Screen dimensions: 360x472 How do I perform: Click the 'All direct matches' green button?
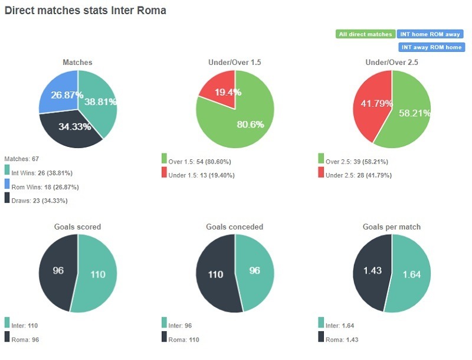[x=365, y=34]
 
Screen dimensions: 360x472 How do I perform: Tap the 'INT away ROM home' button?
[x=431, y=47]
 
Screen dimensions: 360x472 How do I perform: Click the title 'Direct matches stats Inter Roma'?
[x=86, y=11]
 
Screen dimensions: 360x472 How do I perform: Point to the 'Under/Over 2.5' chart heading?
[x=392, y=62]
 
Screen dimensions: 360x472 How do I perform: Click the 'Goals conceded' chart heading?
[x=235, y=227]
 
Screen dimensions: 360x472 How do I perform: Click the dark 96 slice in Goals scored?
[x=57, y=271]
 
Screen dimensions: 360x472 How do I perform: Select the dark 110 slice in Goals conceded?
[x=215, y=274]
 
